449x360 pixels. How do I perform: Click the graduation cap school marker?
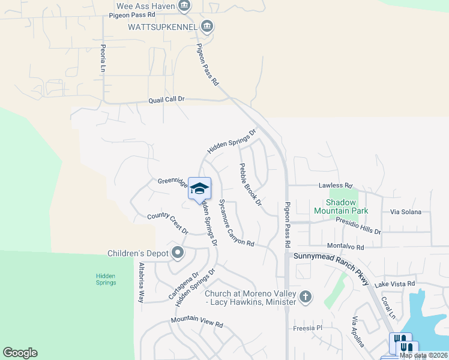[x=199, y=188]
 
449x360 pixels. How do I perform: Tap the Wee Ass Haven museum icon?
[x=185, y=7]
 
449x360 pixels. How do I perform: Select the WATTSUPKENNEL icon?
[x=207, y=26]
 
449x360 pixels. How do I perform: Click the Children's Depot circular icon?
[x=177, y=253]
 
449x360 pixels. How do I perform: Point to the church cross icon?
[x=306, y=296]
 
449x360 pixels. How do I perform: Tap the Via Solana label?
[x=406, y=212]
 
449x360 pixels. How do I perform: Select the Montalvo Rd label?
[x=345, y=247]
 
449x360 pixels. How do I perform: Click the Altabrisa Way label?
[x=142, y=281]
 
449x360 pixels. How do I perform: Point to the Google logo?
[x=20, y=353]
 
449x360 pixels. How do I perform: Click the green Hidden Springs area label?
[x=106, y=279]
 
